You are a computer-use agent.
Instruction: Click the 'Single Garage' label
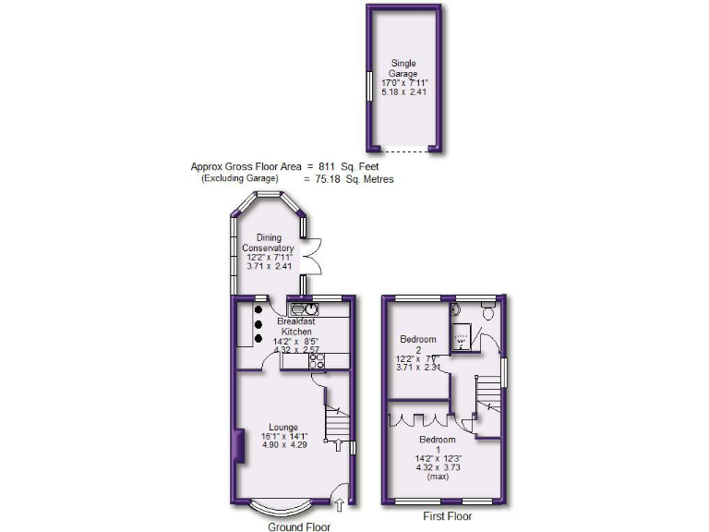pos(403,69)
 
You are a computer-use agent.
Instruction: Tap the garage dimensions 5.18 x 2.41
pos(403,92)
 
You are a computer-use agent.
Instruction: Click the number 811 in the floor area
pos(329,167)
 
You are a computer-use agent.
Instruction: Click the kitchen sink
pos(305,310)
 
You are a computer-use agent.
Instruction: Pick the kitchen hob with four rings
pos(317,362)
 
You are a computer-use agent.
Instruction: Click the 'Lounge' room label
pos(282,428)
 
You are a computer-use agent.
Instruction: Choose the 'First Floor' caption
pos(446,516)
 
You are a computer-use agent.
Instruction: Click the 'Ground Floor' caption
pos(298,526)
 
